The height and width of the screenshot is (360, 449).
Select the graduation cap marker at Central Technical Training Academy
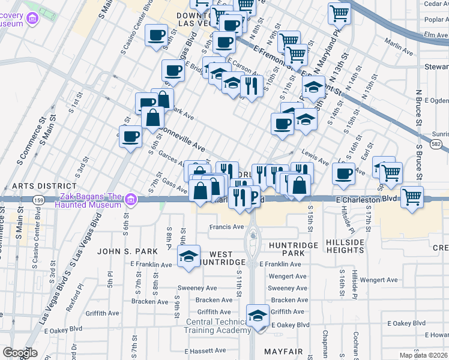(x=258, y=316)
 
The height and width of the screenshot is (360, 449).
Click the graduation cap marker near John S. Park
(x=189, y=257)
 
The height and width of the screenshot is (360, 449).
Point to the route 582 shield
(x=437, y=144)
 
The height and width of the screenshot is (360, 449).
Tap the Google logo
(x=19, y=353)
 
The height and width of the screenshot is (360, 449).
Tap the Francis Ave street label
(x=226, y=227)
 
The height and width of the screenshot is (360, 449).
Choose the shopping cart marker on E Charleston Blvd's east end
(x=412, y=197)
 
